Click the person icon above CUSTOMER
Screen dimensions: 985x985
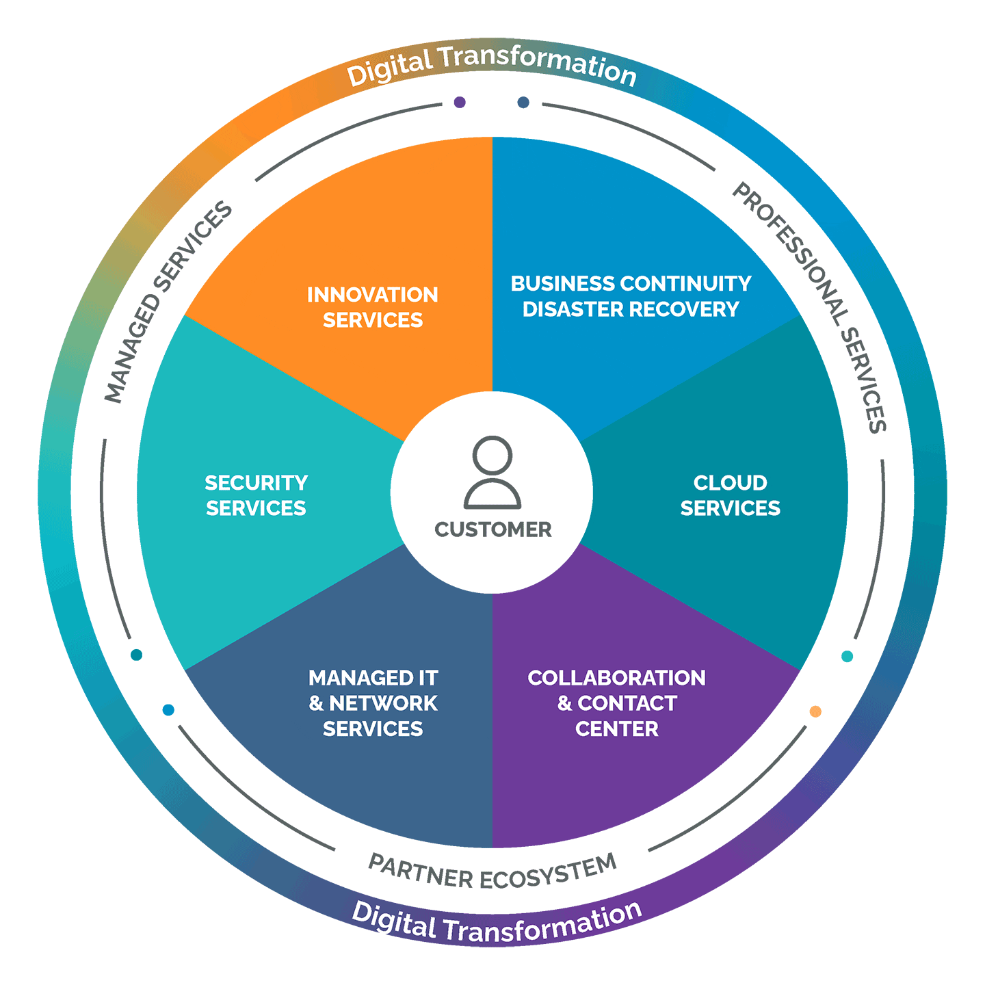pos(492,473)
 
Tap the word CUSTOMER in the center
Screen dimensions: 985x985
pos(492,529)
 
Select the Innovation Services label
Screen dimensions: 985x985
pos(373,307)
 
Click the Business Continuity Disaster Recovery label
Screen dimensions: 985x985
pos(631,296)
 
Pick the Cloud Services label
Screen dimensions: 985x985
pos(730,495)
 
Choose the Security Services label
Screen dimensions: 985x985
pos(256,495)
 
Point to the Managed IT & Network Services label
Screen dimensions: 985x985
pos(373,703)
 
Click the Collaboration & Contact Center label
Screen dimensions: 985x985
pos(616,703)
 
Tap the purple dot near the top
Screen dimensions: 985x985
pos(460,102)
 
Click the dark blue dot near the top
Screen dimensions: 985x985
pos(523,102)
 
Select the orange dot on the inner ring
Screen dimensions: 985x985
pos(815,711)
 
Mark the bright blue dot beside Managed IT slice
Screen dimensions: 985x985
pos(168,710)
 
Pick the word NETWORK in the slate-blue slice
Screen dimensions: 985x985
pos(383,703)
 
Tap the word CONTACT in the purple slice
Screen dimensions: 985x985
pos(627,703)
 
